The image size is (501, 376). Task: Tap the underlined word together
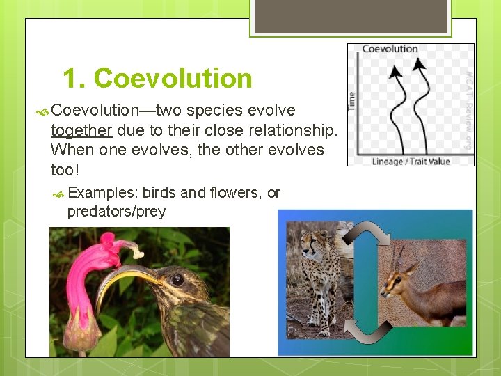(x=81, y=130)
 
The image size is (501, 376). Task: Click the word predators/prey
(x=116, y=212)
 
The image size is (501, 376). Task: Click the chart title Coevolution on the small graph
(x=390, y=49)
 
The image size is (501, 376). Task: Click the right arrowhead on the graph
(x=420, y=65)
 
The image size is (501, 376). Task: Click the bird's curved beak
(x=125, y=275)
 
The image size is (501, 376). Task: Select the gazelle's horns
(x=397, y=255)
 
